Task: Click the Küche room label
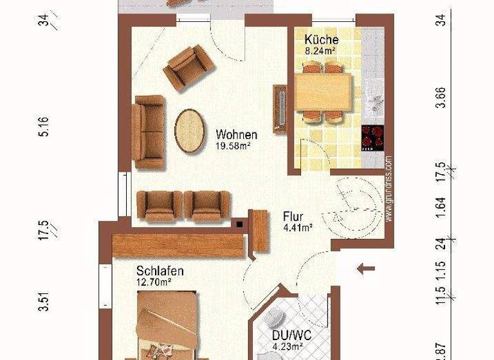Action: pyautogui.click(x=321, y=39)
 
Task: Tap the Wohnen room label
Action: pyautogui.click(x=237, y=135)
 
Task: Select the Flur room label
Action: pyautogui.click(x=293, y=217)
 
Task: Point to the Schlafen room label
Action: pyautogui.click(x=160, y=271)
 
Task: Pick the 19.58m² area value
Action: pyautogui.click(x=233, y=146)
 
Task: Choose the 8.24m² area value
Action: pyautogui.click(x=322, y=50)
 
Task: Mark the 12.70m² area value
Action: pyautogui.click(x=153, y=282)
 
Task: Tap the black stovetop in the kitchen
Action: pyautogui.click(x=373, y=137)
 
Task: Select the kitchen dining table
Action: pyautogui.click(x=324, y=91)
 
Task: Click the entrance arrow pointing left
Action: pyautogui.click(x=367, y=268)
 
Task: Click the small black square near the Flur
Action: pyautogui.click(x=240, y=224)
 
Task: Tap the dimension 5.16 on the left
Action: pyautogui.click(x=44, y=129)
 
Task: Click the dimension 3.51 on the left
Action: pyautogui.click(x=44, y=302)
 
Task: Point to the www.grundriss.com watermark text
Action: pyautogui.click(x=389, y=188)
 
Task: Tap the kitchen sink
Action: pyautogui.click(x=373, y=101)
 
